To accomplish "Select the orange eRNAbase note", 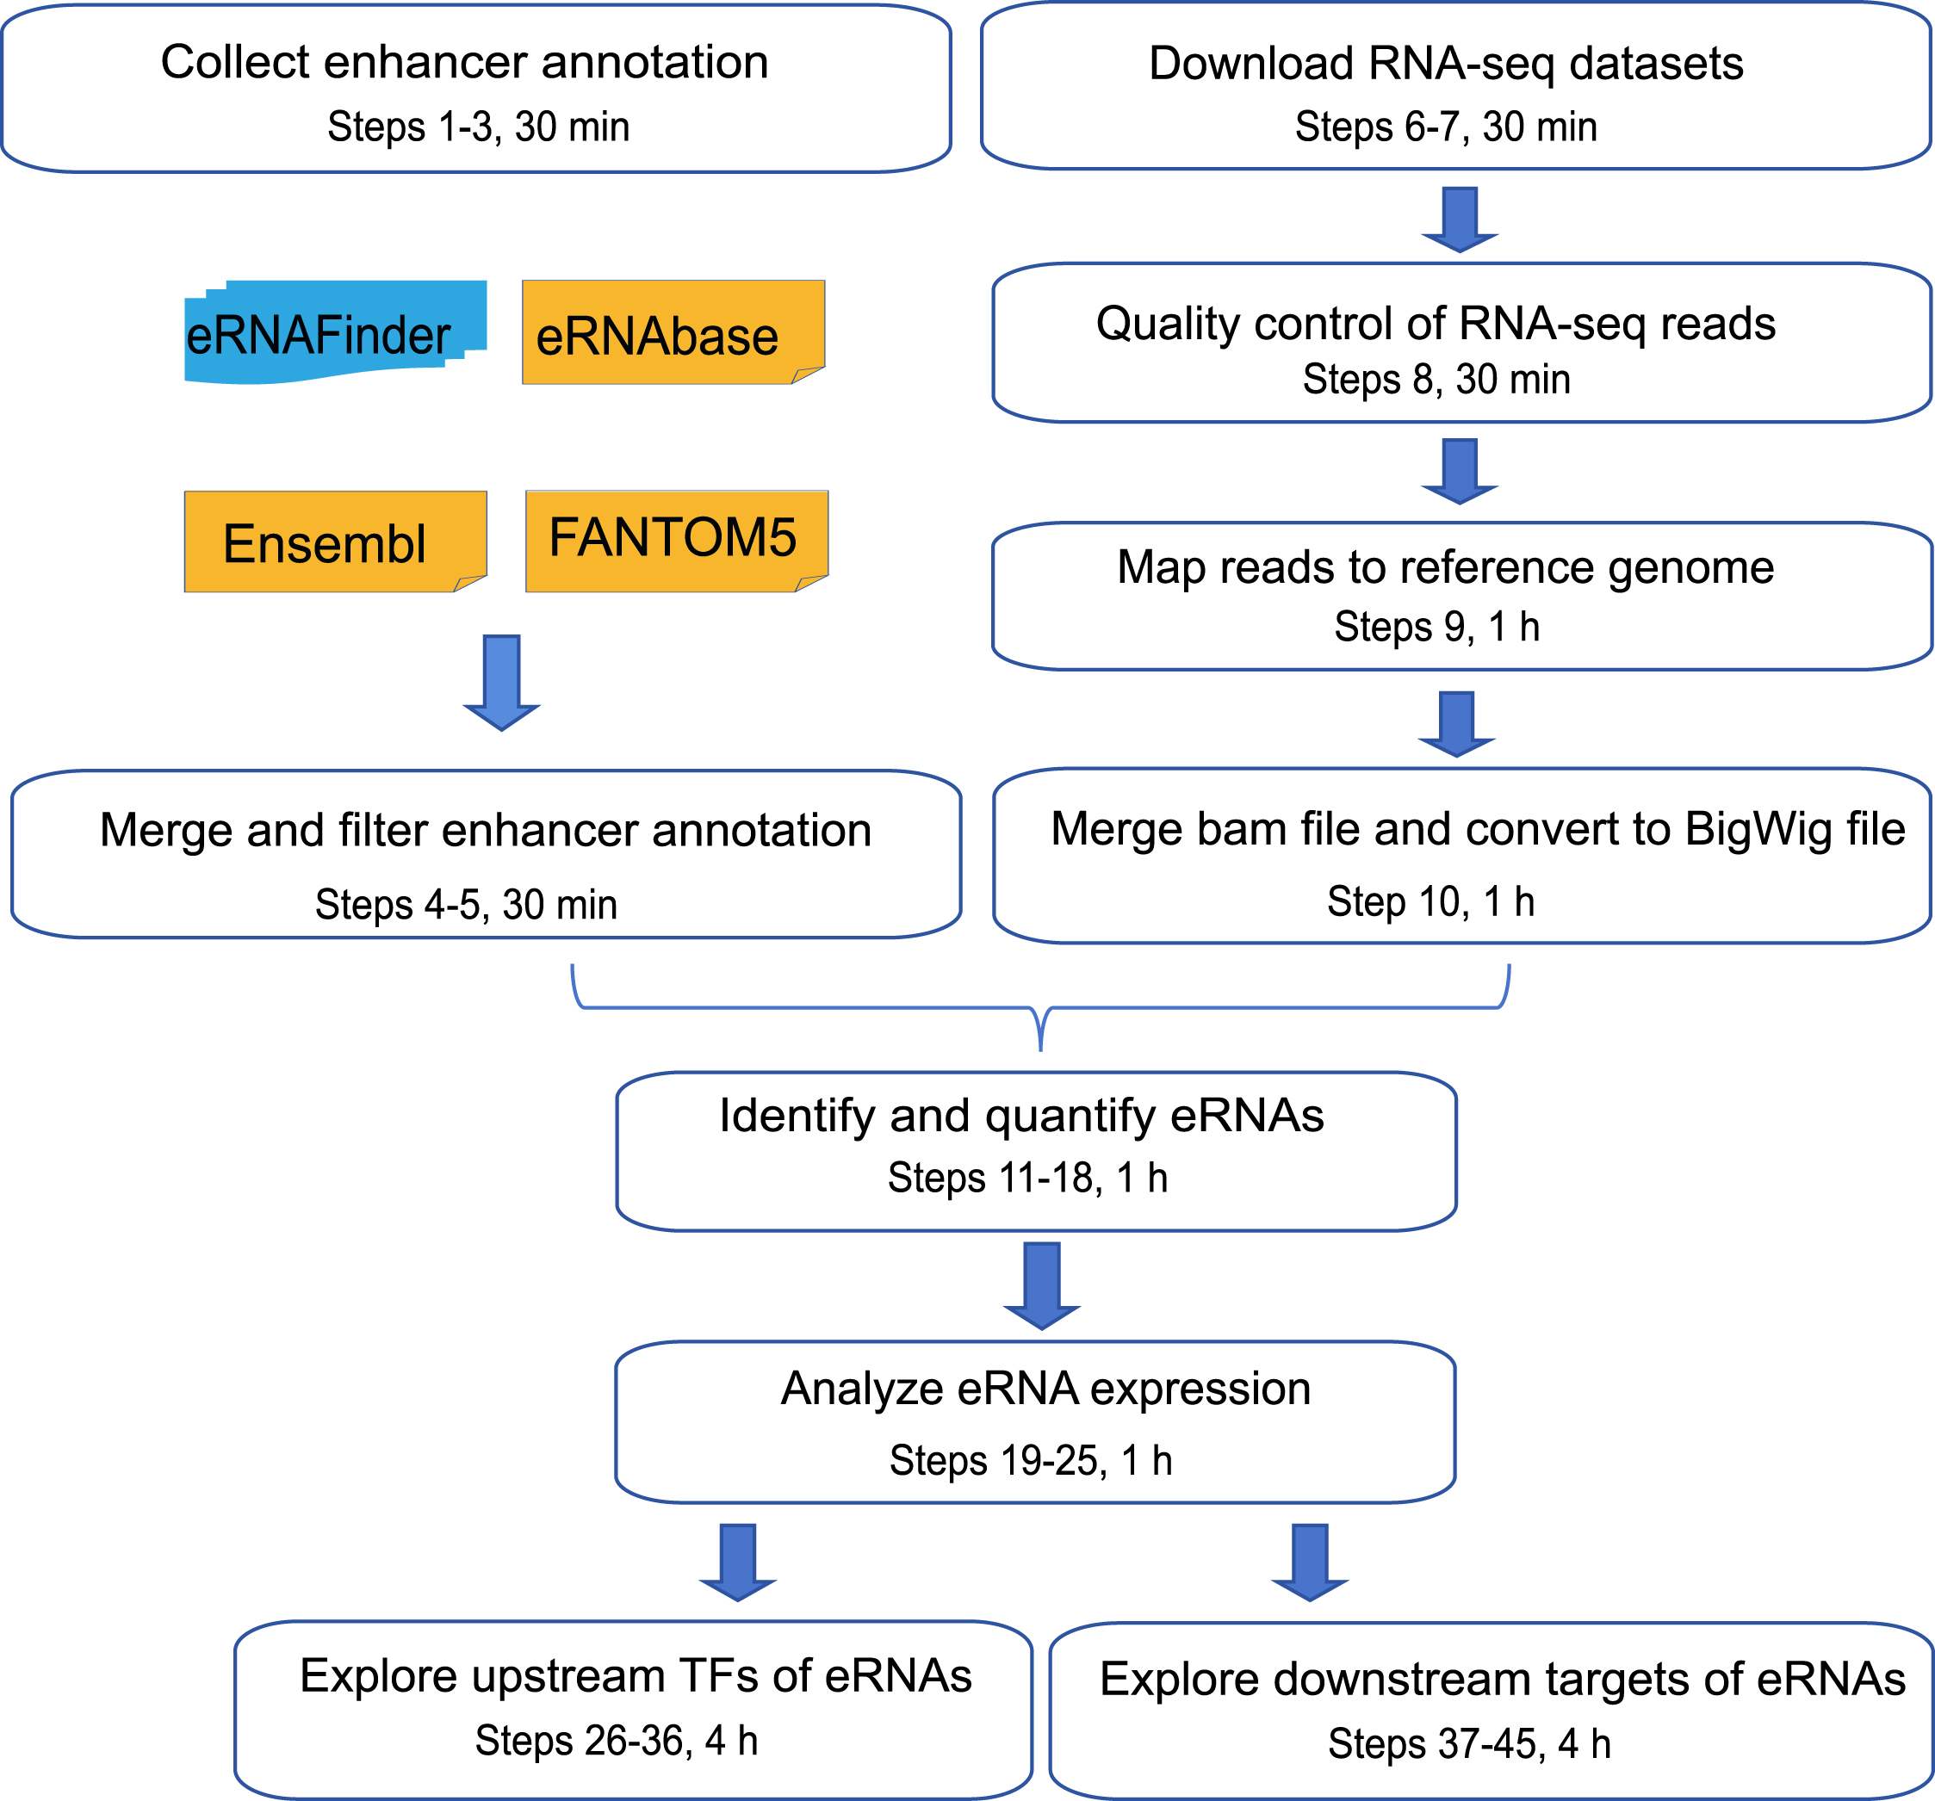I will pyautogui.click(x=672, y=334).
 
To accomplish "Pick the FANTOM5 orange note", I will pyautogui.click(x=675, y=540).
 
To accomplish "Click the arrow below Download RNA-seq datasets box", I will pyautogui.click(x=1459, y=219).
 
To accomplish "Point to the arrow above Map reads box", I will pyautogui.click(x=1459, y=471).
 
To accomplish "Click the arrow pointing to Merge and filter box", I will pyautogui.click(x=501, y=682).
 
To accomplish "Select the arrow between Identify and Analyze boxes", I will pyautogui.click(x=1041, y=1284).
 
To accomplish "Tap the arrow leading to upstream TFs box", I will pyautogui.click(x=738, y=1562).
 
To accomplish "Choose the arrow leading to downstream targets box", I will pyautogui.click(x=1309, y=1562).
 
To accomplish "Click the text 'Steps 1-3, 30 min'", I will pyautogui.click(x=478, y=127).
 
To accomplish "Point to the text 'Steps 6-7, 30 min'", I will pyautogui.click(x=1445, y=127).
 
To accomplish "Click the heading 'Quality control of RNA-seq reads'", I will pyautogui.click(x=1436, y=323).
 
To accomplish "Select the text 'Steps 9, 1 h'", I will pyautogui.click(x=1436, y=627).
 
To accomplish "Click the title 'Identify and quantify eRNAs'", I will pyautogui.click(x=1021, y=1115).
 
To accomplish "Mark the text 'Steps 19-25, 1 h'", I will pyautogui.click(x=1031, y=1460).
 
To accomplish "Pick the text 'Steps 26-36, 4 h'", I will pyautogui.click(x=616, y=1741).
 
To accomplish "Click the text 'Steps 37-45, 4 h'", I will pyautogui.click(x=1470, y=1743).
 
